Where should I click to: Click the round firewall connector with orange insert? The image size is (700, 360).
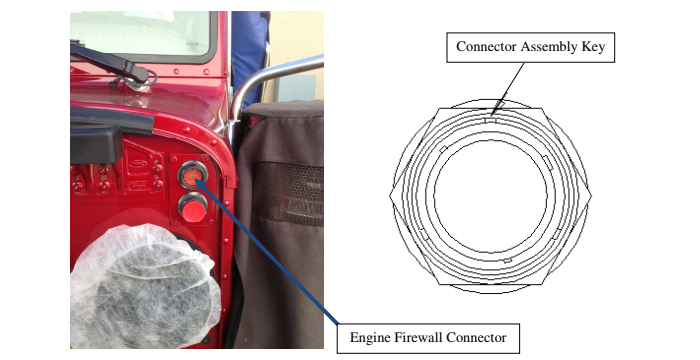pos(191,177)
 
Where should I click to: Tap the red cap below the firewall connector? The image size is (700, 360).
pos(191,209)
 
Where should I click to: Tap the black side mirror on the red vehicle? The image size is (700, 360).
pos(97,140)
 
